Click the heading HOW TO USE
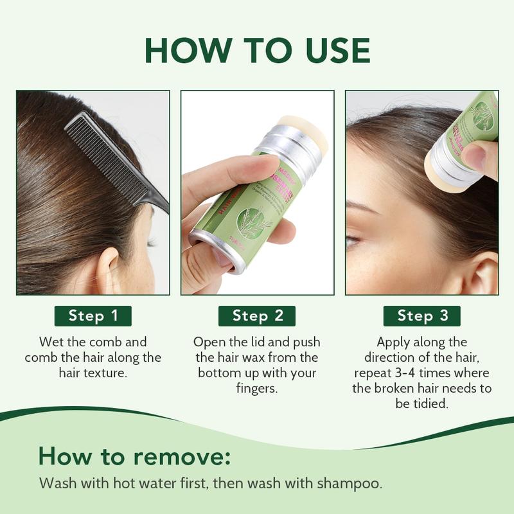(x=257, y=49)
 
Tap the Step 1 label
(x=93, y=315)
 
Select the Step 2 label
(x=257, y=315)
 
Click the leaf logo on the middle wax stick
(x=249, y=222)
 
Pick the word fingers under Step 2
(x=257, y=389)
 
